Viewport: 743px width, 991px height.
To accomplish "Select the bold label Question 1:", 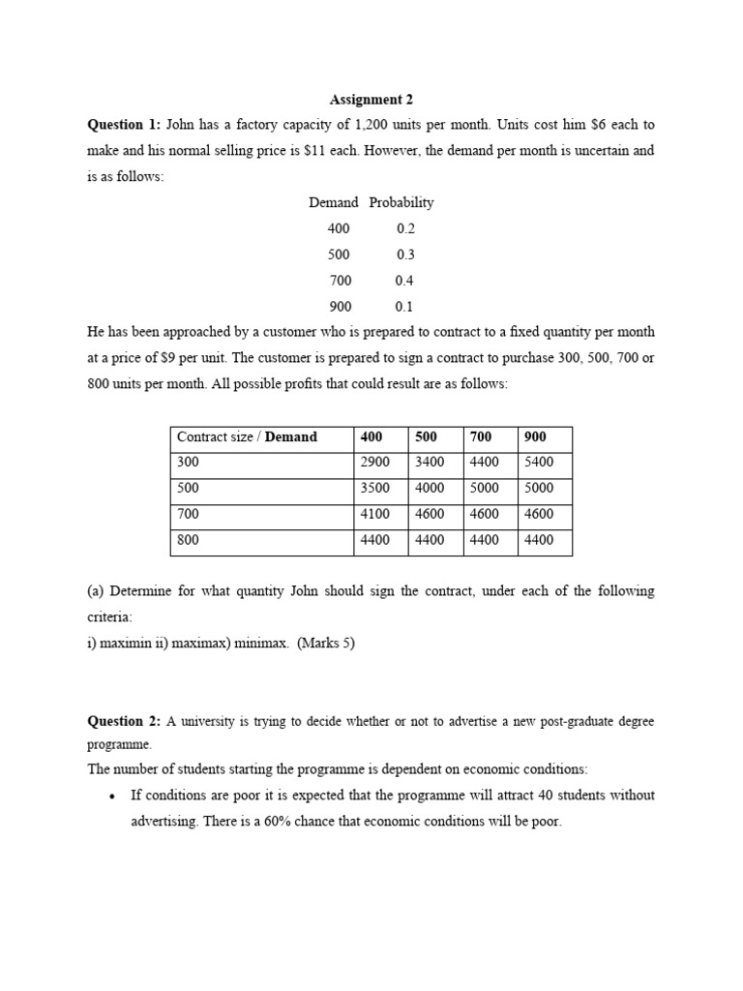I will [x=125, y=125].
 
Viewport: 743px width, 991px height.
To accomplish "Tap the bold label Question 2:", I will [x=125, y=721].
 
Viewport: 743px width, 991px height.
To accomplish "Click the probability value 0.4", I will [x=404, y=281].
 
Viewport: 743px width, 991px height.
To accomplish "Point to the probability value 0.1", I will [x=404, y=307].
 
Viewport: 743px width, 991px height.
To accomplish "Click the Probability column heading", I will [x=401, y=202].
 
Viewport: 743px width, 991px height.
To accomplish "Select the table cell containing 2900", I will [x=374, y=463].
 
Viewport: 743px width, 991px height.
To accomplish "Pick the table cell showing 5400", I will [x=539, y=463].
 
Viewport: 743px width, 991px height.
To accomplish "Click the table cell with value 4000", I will [x=430, y=489].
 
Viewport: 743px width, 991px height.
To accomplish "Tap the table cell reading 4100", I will [x=374, y=514].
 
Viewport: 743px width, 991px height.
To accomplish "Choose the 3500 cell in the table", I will [x=374, y=489].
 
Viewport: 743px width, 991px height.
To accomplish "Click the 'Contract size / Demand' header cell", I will [x=248, y=436].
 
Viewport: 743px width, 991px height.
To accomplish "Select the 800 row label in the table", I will [x=188, y=540].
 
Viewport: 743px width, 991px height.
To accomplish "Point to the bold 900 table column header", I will [x=535, y=436].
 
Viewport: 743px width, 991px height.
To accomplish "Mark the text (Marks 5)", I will [x=326, y=643].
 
